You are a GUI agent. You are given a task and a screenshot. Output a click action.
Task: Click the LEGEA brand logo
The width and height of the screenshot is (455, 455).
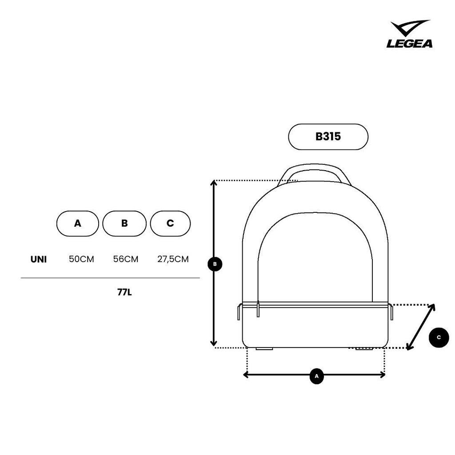[409, 34]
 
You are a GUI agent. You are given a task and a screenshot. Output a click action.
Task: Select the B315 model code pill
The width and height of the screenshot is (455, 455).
[328, 137]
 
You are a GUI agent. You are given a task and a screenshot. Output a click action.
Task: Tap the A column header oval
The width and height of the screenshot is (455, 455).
[77, 224]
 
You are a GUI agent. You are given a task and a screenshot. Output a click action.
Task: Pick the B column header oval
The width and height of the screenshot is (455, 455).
[124, 224]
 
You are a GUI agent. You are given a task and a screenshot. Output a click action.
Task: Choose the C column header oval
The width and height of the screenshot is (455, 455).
[170, 224]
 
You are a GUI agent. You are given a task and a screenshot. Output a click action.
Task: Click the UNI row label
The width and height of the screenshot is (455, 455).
[39, 259]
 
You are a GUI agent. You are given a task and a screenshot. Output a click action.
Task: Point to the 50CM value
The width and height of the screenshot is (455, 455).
[82, 259]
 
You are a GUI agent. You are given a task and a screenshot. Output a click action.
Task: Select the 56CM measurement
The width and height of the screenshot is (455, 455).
[126, 259]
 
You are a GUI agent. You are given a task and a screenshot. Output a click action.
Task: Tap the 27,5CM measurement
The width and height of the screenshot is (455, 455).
[173, 259]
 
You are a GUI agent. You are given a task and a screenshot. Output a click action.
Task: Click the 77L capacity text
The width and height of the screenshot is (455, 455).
[124, 292]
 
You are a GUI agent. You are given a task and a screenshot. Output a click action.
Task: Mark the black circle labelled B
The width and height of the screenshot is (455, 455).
[215, 264]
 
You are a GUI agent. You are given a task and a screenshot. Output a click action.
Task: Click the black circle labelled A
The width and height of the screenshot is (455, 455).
[316, 376]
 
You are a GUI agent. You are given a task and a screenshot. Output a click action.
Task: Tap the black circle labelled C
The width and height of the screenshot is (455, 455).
[439, 337]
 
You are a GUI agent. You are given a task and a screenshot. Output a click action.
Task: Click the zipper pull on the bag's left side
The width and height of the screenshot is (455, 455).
[258, 309]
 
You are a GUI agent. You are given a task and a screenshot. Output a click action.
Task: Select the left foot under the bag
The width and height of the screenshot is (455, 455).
[264, 348]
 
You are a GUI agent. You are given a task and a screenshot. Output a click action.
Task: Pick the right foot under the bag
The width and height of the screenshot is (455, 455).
[364, 348]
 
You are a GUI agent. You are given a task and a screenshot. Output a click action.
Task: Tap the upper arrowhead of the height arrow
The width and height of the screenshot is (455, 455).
[214, 183]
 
